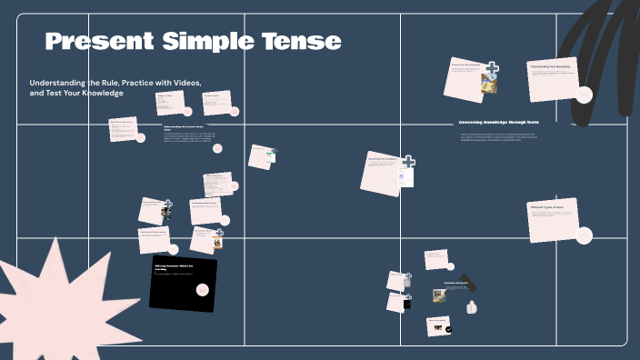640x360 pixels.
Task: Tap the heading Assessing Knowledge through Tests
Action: [x=499, y=122]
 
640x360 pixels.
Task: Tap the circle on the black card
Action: [x=203, y=289]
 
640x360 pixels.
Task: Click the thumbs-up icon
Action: [x=472, y=307]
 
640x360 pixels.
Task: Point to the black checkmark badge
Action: [x=448, y=330]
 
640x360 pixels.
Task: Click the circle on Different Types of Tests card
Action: [x=584, y=233]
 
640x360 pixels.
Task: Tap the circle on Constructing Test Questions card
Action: [x=584, y=95]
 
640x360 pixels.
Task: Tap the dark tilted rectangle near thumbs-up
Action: [x=468, y=282]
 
